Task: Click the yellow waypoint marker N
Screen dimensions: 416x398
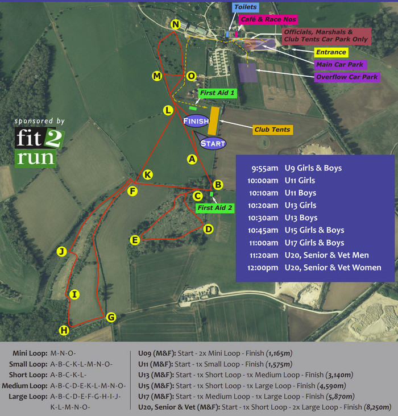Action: (x=176, y=24)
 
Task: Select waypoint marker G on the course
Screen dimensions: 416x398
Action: (x=111, y=317)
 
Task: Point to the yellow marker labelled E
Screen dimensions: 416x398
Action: (x=135, y=240)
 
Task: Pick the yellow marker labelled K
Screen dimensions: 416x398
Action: (x=147, y=174)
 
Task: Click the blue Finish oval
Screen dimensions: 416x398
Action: (x=196, y=121)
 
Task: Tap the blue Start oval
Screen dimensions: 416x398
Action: (x=213, y=143)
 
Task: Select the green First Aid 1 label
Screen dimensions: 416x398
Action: (x=217, y=92)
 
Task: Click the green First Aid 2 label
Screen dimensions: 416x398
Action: (x=215, y=208)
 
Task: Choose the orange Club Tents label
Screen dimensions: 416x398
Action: (x=272, y=130)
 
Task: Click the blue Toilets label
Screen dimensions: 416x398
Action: (x=245, y=7)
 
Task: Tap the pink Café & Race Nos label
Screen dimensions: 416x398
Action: (x=262, y=19)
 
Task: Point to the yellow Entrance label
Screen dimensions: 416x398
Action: (x=330, y=53)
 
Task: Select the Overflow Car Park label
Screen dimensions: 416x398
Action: (x=347, y=77)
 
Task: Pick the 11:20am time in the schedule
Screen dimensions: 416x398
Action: (x=264, y=255)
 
